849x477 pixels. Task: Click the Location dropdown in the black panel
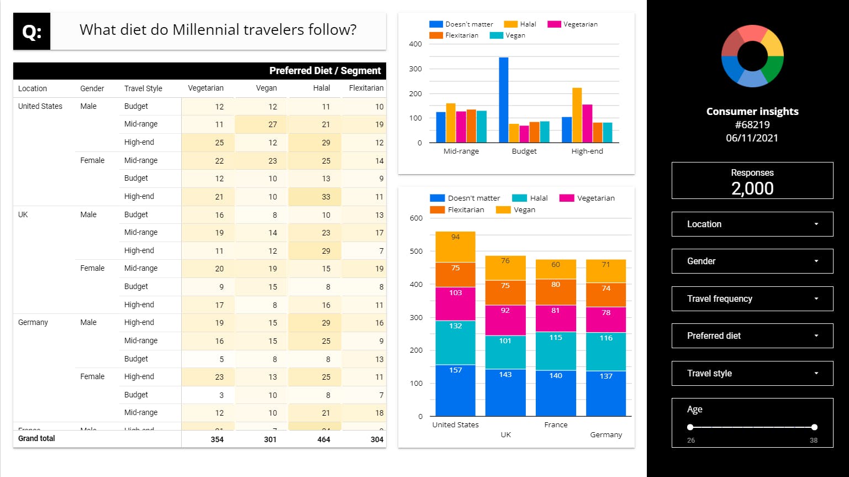coord(752,224)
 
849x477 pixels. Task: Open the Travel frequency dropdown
coord(752,298)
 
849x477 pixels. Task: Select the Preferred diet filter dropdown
coord(752,336)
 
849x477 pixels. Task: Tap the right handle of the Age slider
coord(814,427)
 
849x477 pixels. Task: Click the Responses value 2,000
coord(752,188)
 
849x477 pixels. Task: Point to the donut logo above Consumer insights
coord(752,56)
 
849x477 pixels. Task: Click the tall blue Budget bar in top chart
coord(504,99)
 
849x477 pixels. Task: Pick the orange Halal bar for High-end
coord(577,115)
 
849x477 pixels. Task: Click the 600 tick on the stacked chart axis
coord(416,218)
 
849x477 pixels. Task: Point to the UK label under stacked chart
coord(505,434)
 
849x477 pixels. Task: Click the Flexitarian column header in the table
coord(366,88)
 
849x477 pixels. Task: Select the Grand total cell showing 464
coord(324,439)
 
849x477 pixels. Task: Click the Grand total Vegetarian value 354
coord(217,439)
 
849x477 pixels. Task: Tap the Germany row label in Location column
coord(33,322)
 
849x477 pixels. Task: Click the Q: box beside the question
coord(31,32)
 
